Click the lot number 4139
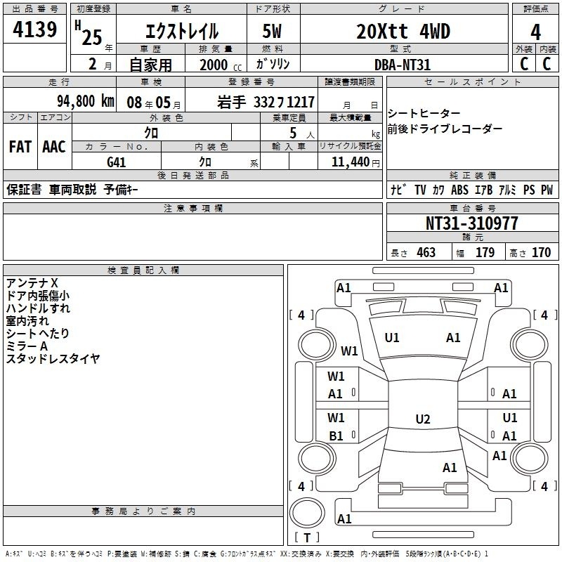click(x=34, y=30)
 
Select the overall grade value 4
click(x=535, y=32)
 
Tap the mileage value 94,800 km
click(x=86, y=101)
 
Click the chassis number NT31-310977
click(x=472, y=223)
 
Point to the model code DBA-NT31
click(x=402, y=65)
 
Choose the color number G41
click(x=116, y=162)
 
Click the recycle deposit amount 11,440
click(x=351, y=162)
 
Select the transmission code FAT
click(x=20, y=147)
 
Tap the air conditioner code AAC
click(x=54, y=147)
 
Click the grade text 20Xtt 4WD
click(x=403, y=32)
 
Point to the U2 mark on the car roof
click(x=423, y=419)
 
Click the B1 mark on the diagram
click(x=336, y=436)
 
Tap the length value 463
click(x=426, y=253)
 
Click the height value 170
click(x=541, y=253)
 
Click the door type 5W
click(x=272, y=32)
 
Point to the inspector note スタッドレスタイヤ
click(x=53, y=358)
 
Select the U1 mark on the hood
click(x=392, y=338)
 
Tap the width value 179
click(x=485, y=253)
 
